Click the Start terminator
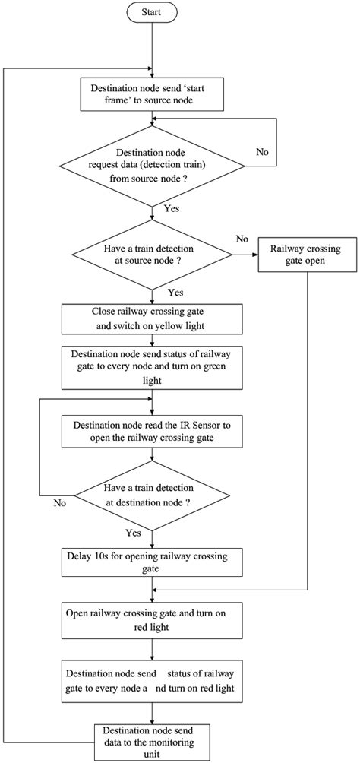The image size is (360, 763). point(153,13)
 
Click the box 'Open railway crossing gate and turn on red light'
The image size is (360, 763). point(153,619)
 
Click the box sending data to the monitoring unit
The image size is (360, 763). point(153,740)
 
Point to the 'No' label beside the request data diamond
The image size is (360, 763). point(262,151)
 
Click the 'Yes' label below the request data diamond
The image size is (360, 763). point(172,207)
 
